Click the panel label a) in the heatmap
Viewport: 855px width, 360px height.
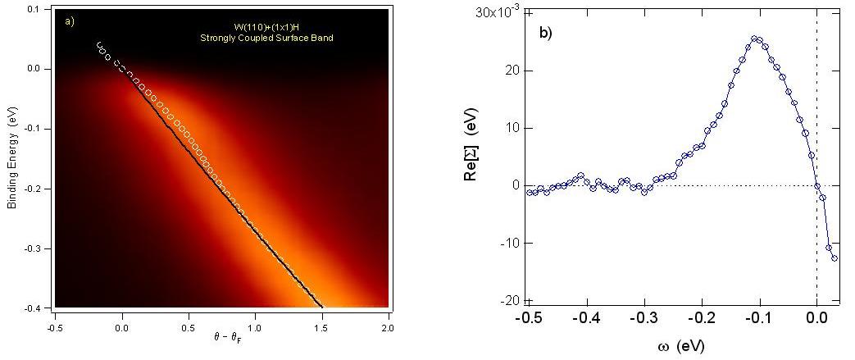coord(70,21)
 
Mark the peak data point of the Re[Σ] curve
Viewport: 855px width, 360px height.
coord(755,39)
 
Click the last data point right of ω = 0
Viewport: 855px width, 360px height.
coord(835,258)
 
